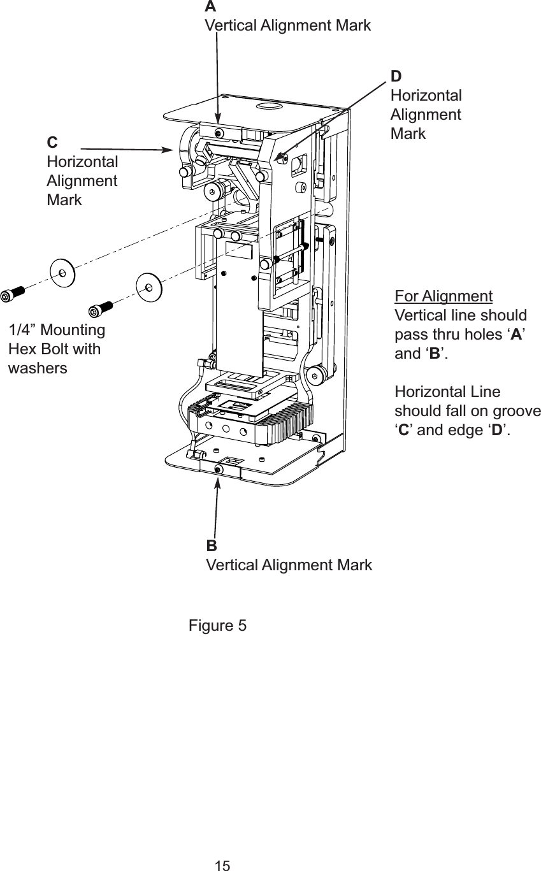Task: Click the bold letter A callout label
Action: point(210,7)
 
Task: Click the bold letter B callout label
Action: point(211,546)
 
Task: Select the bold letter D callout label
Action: point(396,76)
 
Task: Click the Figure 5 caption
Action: point(217,626)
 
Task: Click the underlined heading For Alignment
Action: point(444,297)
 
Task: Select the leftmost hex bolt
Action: point(13,294)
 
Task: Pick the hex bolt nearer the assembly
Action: point(101,308)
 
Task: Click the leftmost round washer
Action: point(62,273)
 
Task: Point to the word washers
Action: point(38,368)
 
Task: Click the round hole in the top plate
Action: point(269,106)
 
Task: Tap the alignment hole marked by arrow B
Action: point(219,469)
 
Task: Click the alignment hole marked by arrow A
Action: point(219,133)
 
